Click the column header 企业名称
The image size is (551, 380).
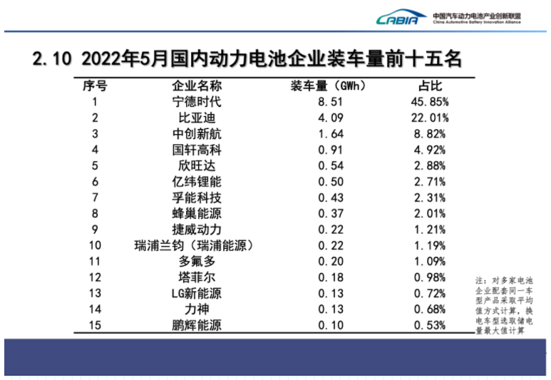197,85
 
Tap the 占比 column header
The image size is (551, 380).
429,85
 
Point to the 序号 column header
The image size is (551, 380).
95,85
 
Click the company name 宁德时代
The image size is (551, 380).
197,101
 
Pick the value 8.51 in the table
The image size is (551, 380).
331,101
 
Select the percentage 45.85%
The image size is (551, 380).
429,101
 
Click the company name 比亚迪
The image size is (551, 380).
197,117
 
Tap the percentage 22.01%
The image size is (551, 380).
429,117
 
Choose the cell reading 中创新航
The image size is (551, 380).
197,133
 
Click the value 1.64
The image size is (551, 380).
331,133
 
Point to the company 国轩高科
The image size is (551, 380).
197,149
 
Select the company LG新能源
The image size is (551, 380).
197,293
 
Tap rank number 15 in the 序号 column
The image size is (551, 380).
95,325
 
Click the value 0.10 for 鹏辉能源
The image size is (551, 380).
331,325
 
